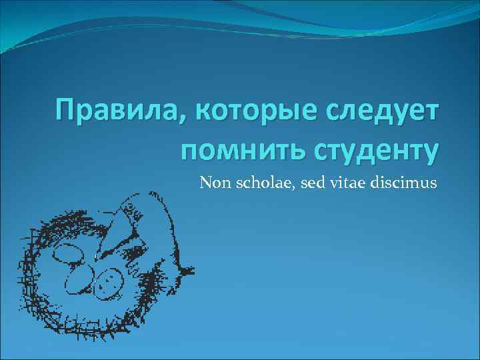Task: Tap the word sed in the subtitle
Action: click(x=304, y=181)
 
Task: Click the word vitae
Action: click(x=342, y=181)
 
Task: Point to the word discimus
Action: click(x=402, y=181)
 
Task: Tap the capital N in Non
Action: click(x=205, y=181)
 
